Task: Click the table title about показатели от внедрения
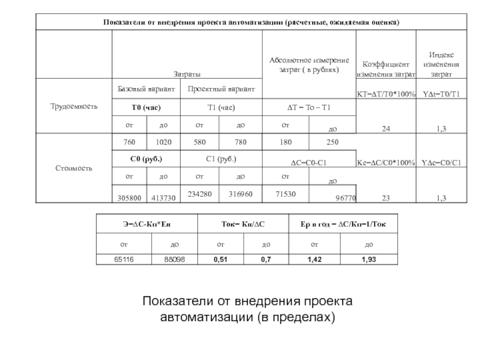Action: pos(251,22)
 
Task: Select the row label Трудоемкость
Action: pos(73,107)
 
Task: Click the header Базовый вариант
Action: pos(146,89)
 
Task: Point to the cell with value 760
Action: pos(129,142)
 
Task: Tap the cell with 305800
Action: pos(130,196)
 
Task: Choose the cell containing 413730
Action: pos(164,196)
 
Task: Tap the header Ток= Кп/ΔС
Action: pos(243,225)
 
